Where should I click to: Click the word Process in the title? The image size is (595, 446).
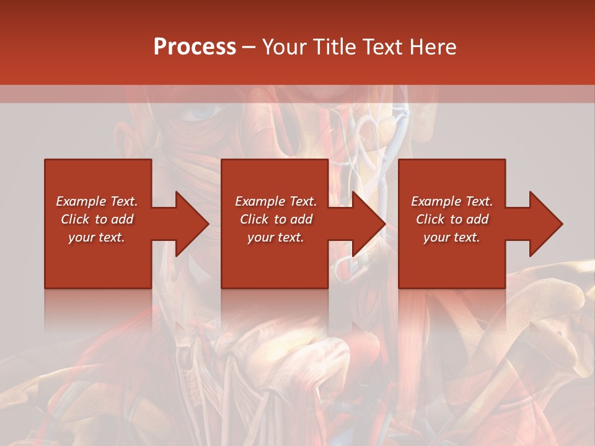point(195,47)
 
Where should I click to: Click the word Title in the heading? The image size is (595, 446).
point(333,47)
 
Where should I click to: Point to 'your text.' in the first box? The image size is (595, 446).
point(97,237)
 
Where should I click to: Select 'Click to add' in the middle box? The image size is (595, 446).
point(276,219)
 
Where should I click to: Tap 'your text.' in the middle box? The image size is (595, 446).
point(276,237)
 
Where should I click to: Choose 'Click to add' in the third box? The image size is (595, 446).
point(452,219)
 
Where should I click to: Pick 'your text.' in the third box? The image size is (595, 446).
point(452,237)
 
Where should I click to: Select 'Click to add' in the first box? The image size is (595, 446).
point(97,219)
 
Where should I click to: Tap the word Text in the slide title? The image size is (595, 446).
point(381,47)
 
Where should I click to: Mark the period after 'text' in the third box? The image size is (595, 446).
point(478,240)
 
